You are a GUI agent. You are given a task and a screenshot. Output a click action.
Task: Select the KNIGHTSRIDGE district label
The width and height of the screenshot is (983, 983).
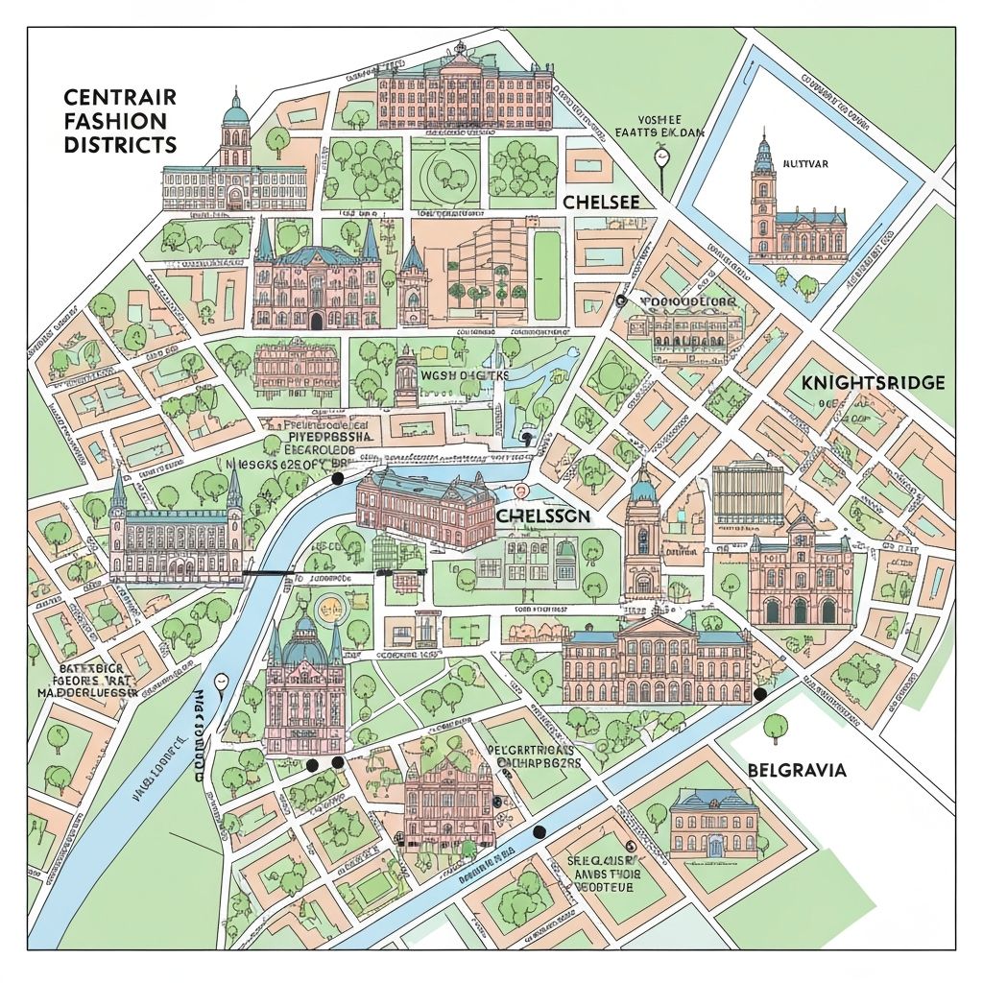[872, 382]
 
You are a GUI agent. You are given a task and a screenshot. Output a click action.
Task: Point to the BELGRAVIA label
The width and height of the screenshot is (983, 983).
[795, 770]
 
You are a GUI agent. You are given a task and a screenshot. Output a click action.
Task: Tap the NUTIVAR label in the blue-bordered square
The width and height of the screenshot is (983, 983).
[806, 164]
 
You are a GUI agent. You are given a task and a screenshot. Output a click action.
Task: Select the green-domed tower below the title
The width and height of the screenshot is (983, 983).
[235, 130]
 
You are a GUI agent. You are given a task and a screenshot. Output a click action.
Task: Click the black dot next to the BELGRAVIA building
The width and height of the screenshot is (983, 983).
[760, 694]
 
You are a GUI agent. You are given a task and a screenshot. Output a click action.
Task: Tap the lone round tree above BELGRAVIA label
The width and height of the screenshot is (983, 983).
[775, 727]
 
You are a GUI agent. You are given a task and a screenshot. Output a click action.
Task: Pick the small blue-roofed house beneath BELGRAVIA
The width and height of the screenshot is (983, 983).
[714, 824]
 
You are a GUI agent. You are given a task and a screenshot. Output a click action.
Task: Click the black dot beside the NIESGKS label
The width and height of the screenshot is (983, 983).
[337, 478]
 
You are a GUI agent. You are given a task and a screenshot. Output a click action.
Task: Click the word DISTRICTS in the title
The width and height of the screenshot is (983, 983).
[120, 145]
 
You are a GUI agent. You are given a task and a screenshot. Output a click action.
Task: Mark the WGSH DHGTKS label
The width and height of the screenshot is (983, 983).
[464, 375]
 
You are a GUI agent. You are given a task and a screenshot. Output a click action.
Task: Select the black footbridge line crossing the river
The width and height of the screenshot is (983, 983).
[268, 572]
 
